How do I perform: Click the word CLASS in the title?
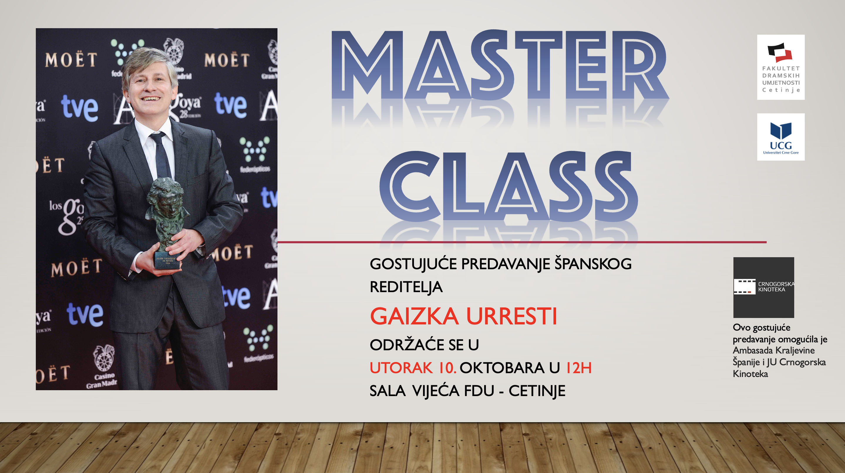(509, 186)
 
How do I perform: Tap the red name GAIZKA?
(414, 316)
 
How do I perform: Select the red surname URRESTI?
(511, 316)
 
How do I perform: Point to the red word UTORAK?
(401, 368)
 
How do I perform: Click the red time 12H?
(579, 368)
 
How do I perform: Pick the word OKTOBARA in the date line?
(502, 368)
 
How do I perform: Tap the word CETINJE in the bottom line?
(537, 391)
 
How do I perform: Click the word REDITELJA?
(406, 287)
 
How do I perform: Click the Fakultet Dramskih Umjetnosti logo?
(781, 67)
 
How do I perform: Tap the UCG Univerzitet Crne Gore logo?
(781, 137)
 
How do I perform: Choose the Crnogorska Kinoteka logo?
(764, 287)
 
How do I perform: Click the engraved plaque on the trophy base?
(168, 261)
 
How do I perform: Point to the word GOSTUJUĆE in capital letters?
(413, 264)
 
